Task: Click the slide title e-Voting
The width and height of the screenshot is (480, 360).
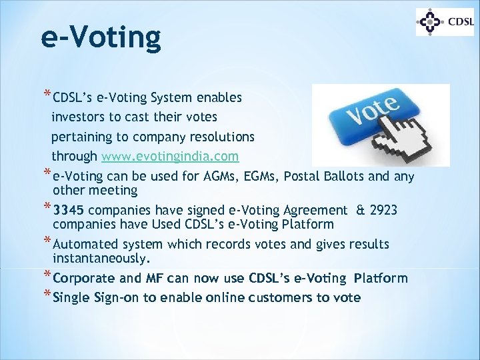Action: coord(100,37)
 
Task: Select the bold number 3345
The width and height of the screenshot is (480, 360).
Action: coord(71,211)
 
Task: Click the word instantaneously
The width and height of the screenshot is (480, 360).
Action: coord(102,257)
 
